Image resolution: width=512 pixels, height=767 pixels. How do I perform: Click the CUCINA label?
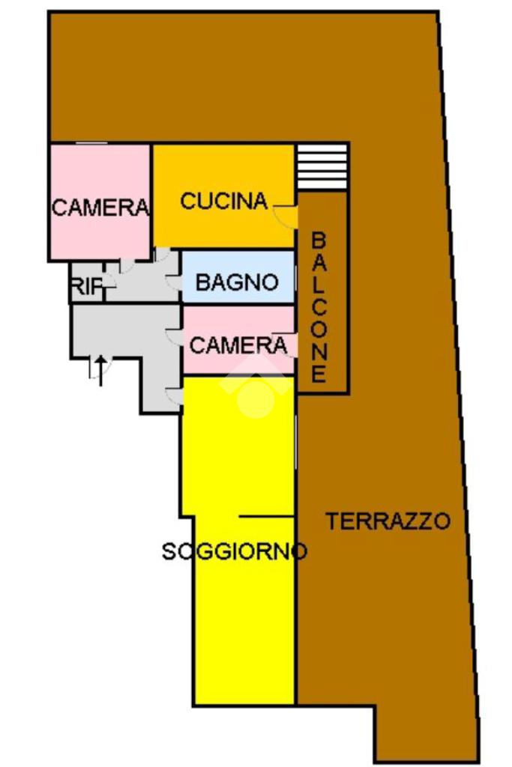(223, 201)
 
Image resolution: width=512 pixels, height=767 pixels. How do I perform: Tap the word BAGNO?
(236, 283)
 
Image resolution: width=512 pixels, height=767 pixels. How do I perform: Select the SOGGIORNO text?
(234, 552)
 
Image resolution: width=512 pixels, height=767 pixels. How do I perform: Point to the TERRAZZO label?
(388, 521)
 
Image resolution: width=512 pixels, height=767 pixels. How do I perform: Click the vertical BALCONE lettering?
(319, 307)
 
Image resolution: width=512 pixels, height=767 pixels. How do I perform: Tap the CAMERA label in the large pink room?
(100, 207)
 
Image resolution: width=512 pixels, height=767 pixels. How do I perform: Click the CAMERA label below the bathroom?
(238, 345)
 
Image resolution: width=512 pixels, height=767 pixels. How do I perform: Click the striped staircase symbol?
(322, 167)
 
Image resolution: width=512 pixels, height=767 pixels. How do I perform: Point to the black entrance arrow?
(100, 369)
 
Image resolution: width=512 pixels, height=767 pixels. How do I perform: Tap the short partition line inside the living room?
(265, 516)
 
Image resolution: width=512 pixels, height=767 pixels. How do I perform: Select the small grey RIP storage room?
(87, 282)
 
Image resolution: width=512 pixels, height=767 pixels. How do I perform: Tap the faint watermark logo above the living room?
(256, 389)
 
